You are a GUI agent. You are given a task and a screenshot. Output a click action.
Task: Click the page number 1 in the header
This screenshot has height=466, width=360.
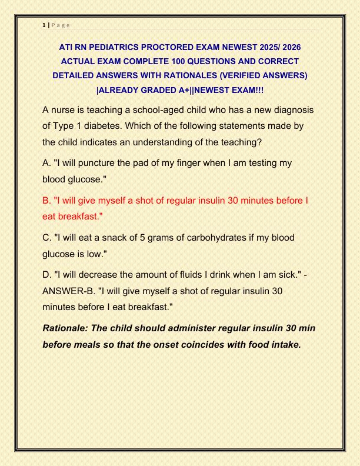pyautogui.click(x=44, y=25)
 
